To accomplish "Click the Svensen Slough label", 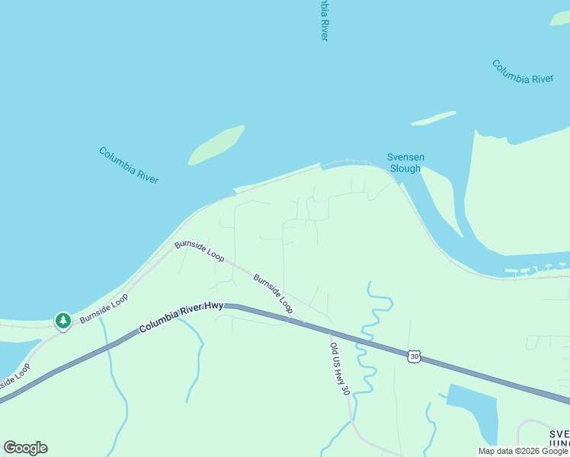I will (405, 163).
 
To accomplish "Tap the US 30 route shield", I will (414, 356).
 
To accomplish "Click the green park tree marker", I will (63, 321).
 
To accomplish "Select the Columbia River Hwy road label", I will (181, 318).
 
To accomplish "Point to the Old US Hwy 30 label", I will (340, 369).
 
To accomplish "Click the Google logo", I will (25, 448).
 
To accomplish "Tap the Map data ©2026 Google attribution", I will (523, 451).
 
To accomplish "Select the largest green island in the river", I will (216, 145).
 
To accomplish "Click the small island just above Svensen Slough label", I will (433, 118).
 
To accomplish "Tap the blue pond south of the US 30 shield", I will (473, 408).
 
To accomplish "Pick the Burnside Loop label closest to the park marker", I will (104, 308).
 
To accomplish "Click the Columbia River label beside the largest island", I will (129, 165).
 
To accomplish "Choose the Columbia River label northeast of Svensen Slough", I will (522, 72).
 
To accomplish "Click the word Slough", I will (405, 168).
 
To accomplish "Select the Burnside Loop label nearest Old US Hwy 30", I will (273, 294).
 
